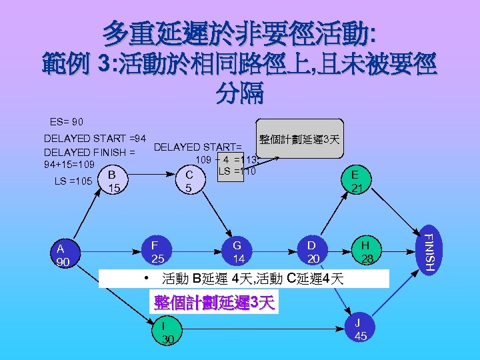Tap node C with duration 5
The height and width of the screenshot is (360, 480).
click(190, 181)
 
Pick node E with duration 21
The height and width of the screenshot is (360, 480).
click(357, 181)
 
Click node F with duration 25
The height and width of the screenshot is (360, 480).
click(157, 251)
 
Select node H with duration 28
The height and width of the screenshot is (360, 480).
click(365, 251)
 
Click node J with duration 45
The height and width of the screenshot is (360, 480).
click(360, 329)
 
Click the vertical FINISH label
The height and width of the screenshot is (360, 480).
click(429, 250)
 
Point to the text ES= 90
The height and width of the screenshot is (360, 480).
click(67, 123)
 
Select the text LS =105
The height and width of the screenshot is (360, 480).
click(73, 181)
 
